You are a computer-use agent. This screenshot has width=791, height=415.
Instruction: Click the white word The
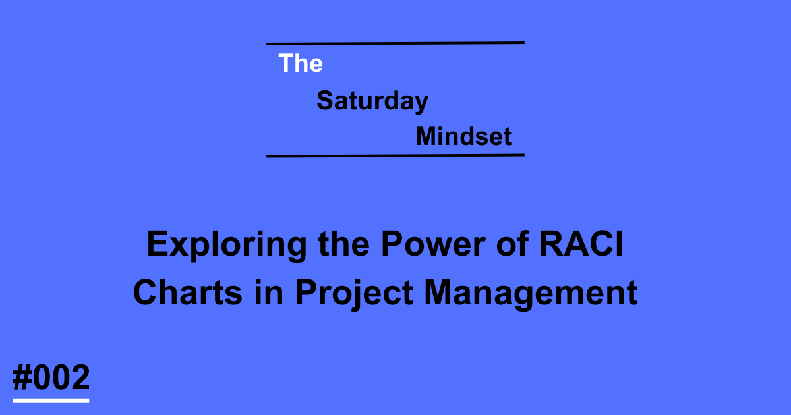[x=301, y=63]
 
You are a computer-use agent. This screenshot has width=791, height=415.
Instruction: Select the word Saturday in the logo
[x=372, y=101]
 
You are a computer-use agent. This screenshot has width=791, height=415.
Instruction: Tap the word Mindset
[x=464, y=136]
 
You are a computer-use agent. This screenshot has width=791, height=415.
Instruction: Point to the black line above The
[x=395, y=43]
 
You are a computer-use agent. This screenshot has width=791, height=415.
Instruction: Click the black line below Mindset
[x=395, y=156]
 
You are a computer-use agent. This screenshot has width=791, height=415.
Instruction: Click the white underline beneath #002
[x=51, y=400]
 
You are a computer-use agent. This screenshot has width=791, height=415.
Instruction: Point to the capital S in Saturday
[x=324, y=101]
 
